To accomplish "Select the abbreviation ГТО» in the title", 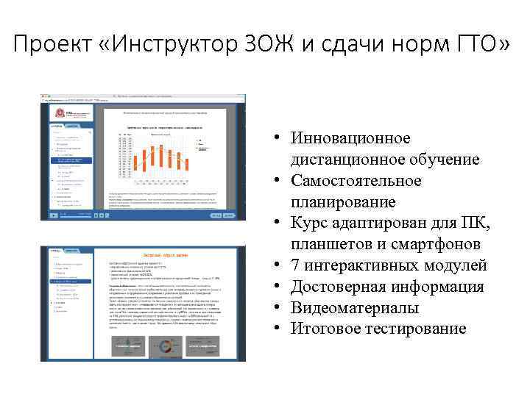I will click(474, 46).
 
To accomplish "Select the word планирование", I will click(343, 201).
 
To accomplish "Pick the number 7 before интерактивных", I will click(296, 265).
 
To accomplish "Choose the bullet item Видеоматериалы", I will click(355, 307).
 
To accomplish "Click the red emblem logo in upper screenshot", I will click(53, 112).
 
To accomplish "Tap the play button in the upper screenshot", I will click(53, 215).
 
